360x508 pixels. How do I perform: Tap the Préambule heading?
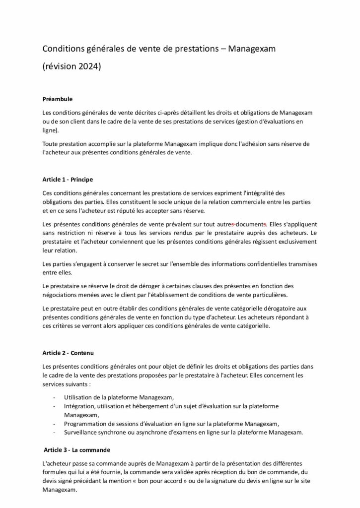[x=58, y=99]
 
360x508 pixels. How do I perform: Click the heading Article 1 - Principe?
[x=68, y=179]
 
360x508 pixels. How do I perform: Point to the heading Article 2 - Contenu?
[x=68, y=353]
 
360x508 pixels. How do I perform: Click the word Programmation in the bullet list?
[x=86, y=423]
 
